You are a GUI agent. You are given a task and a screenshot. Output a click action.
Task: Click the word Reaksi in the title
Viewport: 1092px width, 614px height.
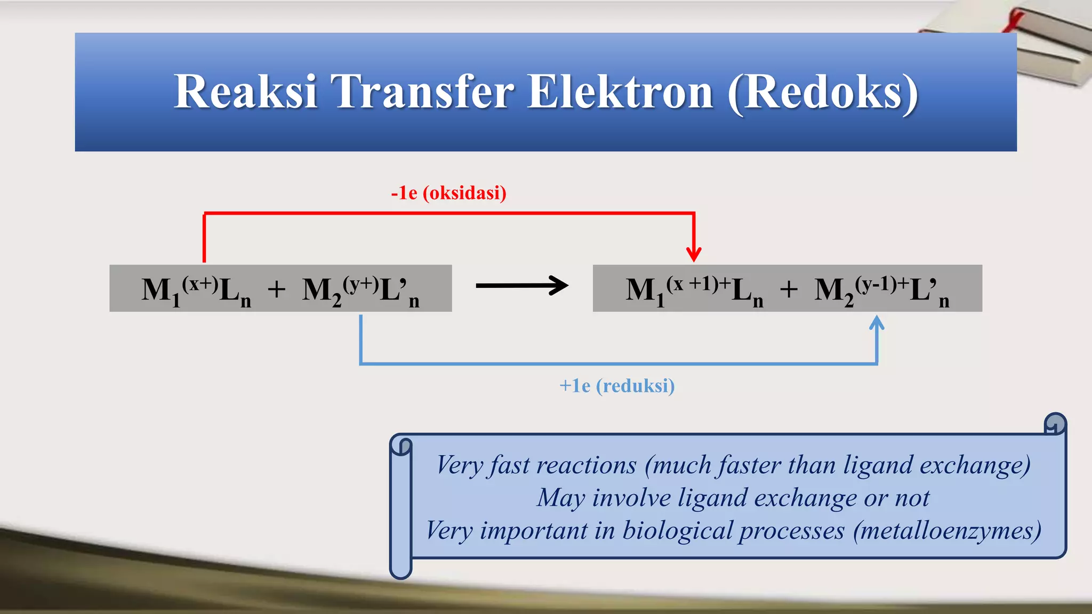click(246, 92)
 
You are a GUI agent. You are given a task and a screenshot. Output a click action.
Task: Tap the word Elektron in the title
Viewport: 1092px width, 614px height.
click(620, 92)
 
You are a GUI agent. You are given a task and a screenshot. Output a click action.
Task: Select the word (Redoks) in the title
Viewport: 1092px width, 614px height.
click(823, 93)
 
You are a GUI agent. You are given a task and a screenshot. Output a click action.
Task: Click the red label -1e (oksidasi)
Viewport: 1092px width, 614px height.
click(448, 193)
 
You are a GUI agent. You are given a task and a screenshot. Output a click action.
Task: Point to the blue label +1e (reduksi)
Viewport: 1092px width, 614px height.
click(617, 386)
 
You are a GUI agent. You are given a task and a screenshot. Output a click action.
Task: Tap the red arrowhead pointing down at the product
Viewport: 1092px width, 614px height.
click(694, 254)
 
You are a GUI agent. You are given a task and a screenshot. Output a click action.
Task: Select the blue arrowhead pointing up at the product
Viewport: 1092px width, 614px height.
click(877, 323)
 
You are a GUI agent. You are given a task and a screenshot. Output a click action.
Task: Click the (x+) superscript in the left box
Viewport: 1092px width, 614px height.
click(200, 284)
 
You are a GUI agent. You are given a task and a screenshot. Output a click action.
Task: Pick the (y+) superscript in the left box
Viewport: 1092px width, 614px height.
click(360, 284)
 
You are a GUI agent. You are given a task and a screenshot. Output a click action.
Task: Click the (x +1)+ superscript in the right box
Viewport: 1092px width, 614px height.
click(697, 284)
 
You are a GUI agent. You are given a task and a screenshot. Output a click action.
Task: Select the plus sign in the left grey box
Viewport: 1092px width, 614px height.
click(277, 290)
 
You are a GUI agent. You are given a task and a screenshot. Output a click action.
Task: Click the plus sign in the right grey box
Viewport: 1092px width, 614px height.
click(789, 290)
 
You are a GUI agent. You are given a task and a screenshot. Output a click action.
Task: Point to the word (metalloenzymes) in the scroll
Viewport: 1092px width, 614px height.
click(947, 530)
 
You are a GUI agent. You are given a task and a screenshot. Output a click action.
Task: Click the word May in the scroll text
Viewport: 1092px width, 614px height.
click(561, 498)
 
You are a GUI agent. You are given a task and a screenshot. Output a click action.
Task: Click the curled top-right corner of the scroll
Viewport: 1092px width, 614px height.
click(1055, 424)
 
